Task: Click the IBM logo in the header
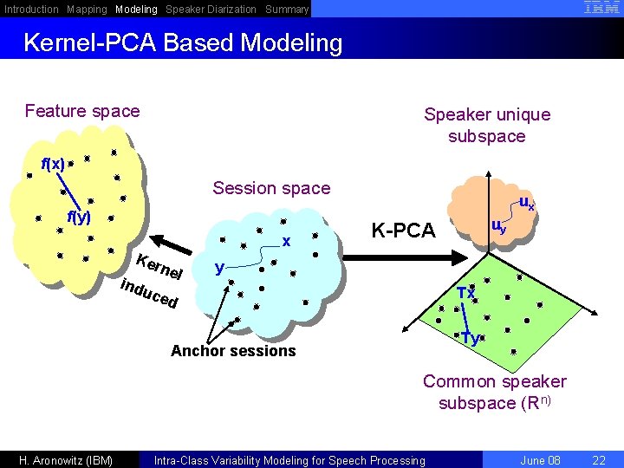pyautogui.click(x=601, y=8)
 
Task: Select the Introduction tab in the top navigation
pyautogui.click(x=31, y=10)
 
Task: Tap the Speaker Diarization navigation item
pyautogui.click(x=211, y=10)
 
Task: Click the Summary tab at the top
pyautogui.click(x=287, y=10)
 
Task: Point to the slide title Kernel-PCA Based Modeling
pyautogui.click(x=183, y=42)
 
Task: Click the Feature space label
pyautogui.click(x=82, y=111)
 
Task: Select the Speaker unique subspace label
pyautogui.click(x=487, y=126)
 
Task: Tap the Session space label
pyautogui.click(x=271, y=188)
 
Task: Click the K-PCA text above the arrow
pyautogui.click(x=403, y=230)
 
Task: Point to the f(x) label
pyautogui.click(x=53, y=164)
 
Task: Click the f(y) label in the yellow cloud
pyautogui.click(x=79, y=218)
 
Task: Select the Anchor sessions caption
pyautogui.click(x=233, y=351)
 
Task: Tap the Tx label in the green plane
pyautogui.click(x=465, y=293)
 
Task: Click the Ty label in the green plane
pyautogui.click(x=470, y=338)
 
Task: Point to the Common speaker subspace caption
pyautogui.click(x=494, y=392)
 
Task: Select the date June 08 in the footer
pyautogui.click(x=540, y=460)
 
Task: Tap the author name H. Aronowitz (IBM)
pyautogui.click(x=66, y=460)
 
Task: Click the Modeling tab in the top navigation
pyautogui.click(x=136, y=10)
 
